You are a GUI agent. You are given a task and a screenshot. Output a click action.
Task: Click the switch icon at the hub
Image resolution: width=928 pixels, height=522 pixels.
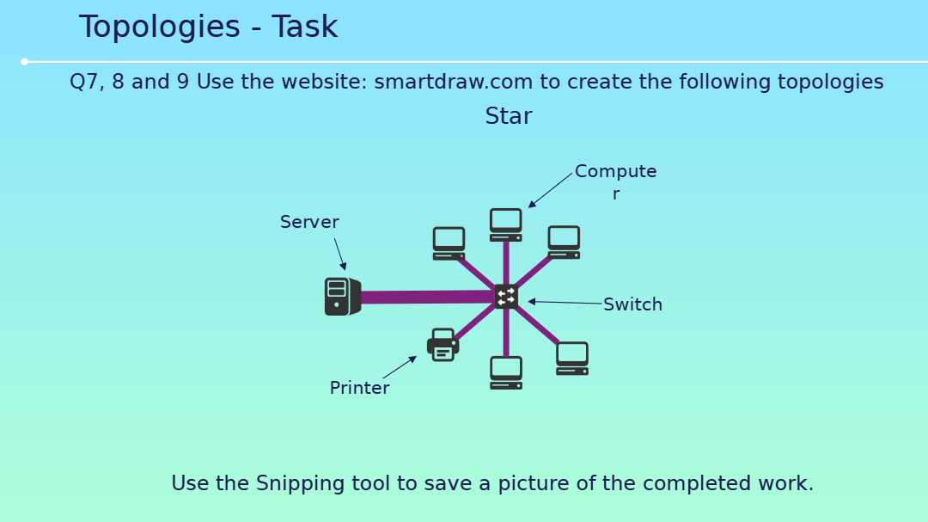pos(506,297)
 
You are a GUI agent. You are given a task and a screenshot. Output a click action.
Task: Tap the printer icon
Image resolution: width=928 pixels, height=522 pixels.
pos(443,345)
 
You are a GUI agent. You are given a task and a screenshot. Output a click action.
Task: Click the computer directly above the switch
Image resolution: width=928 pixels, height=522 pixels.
pos(506,224)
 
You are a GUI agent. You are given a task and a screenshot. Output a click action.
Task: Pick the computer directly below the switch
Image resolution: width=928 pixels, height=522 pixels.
pos(506,372)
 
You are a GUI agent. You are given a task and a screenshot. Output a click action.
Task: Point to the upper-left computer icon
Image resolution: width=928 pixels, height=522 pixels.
pos(449,243)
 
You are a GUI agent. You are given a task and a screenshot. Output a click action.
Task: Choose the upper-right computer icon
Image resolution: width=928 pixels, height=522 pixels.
pos(564,243)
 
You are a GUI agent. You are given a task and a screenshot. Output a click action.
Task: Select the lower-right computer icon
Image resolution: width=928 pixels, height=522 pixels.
pos(572,359)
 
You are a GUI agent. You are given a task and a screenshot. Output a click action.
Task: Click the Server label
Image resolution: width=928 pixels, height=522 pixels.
pos(309,222)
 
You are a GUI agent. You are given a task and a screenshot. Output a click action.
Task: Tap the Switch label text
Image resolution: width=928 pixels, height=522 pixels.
pos(632,304)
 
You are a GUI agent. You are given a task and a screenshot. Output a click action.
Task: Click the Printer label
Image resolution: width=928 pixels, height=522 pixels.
pos(360,388)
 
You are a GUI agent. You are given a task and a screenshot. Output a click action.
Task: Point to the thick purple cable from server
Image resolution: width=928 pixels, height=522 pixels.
pos(428,297)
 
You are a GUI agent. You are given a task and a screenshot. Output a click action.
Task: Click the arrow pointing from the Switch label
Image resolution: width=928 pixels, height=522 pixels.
pos(565,302)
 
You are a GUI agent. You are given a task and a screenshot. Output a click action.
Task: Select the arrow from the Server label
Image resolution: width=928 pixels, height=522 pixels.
pos(339,255)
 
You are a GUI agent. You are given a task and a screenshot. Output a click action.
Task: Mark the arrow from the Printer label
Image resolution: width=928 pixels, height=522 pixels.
pos(400,366)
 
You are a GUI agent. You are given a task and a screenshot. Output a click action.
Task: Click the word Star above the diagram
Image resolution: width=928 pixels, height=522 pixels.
pos(509,116)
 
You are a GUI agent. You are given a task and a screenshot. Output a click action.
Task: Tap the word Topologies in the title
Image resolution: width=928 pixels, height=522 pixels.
pos(160,28)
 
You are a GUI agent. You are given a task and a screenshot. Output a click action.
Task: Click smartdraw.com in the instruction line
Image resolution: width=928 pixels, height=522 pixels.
pos(454,82)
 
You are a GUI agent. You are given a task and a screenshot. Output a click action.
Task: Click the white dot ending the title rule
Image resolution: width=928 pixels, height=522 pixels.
pos(25,62)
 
